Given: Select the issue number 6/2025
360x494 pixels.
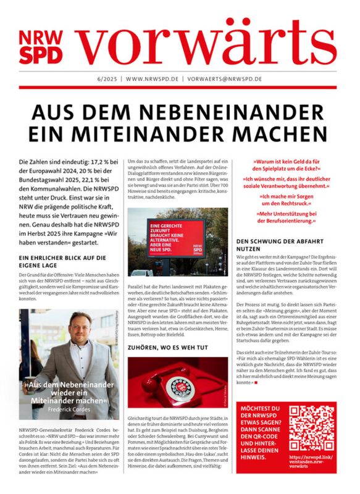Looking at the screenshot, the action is coord(107,80).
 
